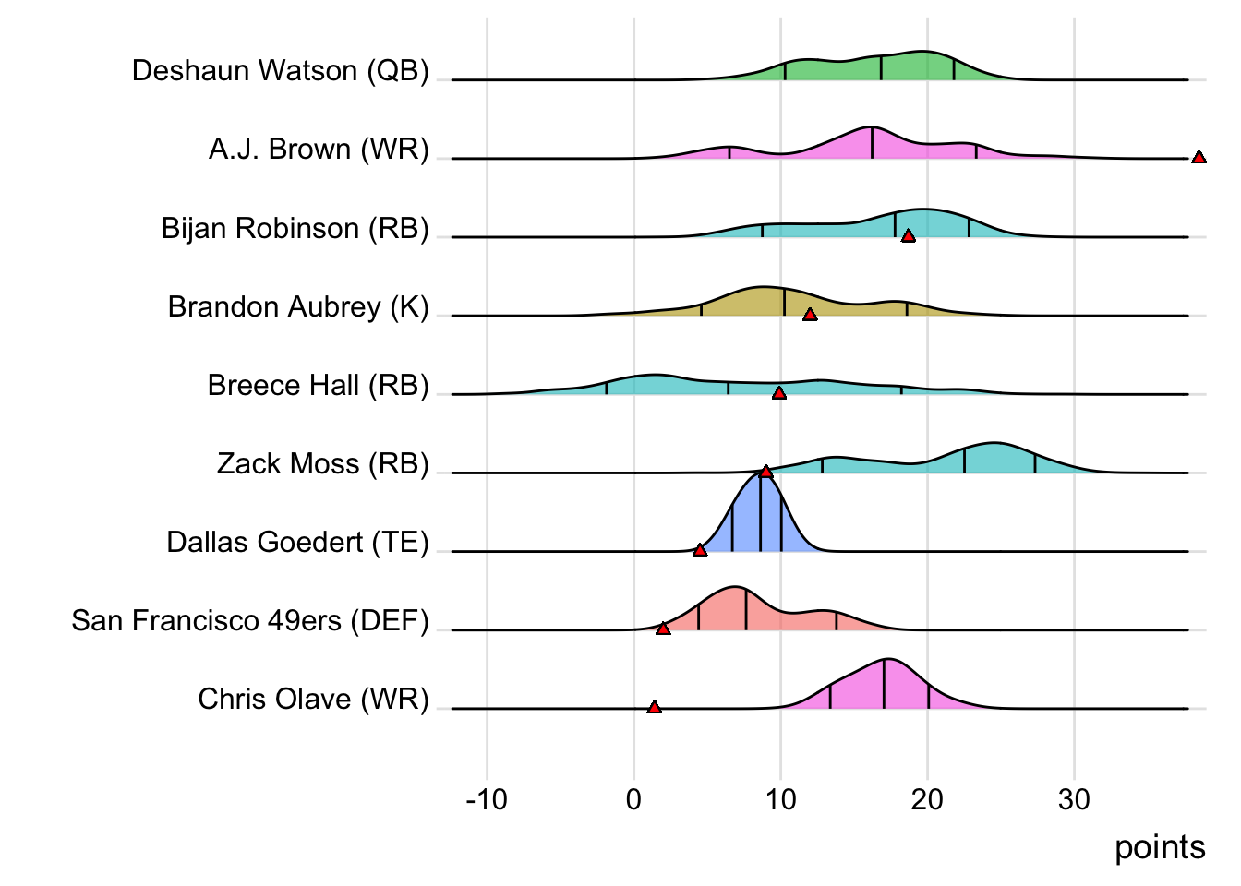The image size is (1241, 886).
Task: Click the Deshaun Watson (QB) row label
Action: pos(280,71)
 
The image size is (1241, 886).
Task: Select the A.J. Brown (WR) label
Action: pos(319,150)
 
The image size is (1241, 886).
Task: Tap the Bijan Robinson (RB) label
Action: pos(295,229)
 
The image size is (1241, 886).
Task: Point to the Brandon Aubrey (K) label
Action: pos(298,307)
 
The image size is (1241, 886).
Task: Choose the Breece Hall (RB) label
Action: pos(318,386)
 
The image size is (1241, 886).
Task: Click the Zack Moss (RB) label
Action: pos(322,464)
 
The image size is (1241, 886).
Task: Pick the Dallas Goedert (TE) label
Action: pos(297,543)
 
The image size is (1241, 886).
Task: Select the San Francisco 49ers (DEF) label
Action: pos(250,621)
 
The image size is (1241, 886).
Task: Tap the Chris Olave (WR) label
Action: pos(313,700)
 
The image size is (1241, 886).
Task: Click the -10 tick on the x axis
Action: pos(487,799)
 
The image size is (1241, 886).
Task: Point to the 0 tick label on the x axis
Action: pos(633,799)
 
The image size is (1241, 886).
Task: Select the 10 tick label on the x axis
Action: pos(780,799)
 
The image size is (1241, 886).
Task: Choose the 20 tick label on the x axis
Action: pos(927,799)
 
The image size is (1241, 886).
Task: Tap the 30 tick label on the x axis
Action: pos(1074,799)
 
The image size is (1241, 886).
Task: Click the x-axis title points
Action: pos(1160,847)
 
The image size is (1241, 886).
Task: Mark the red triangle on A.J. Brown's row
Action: pos(1199,158)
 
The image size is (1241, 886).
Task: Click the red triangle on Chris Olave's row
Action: pos(655,708)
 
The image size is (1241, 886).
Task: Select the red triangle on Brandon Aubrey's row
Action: pos(810,316)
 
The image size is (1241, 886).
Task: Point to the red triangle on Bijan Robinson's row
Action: pos(909,237)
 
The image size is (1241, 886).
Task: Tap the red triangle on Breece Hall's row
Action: pos(779,394)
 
